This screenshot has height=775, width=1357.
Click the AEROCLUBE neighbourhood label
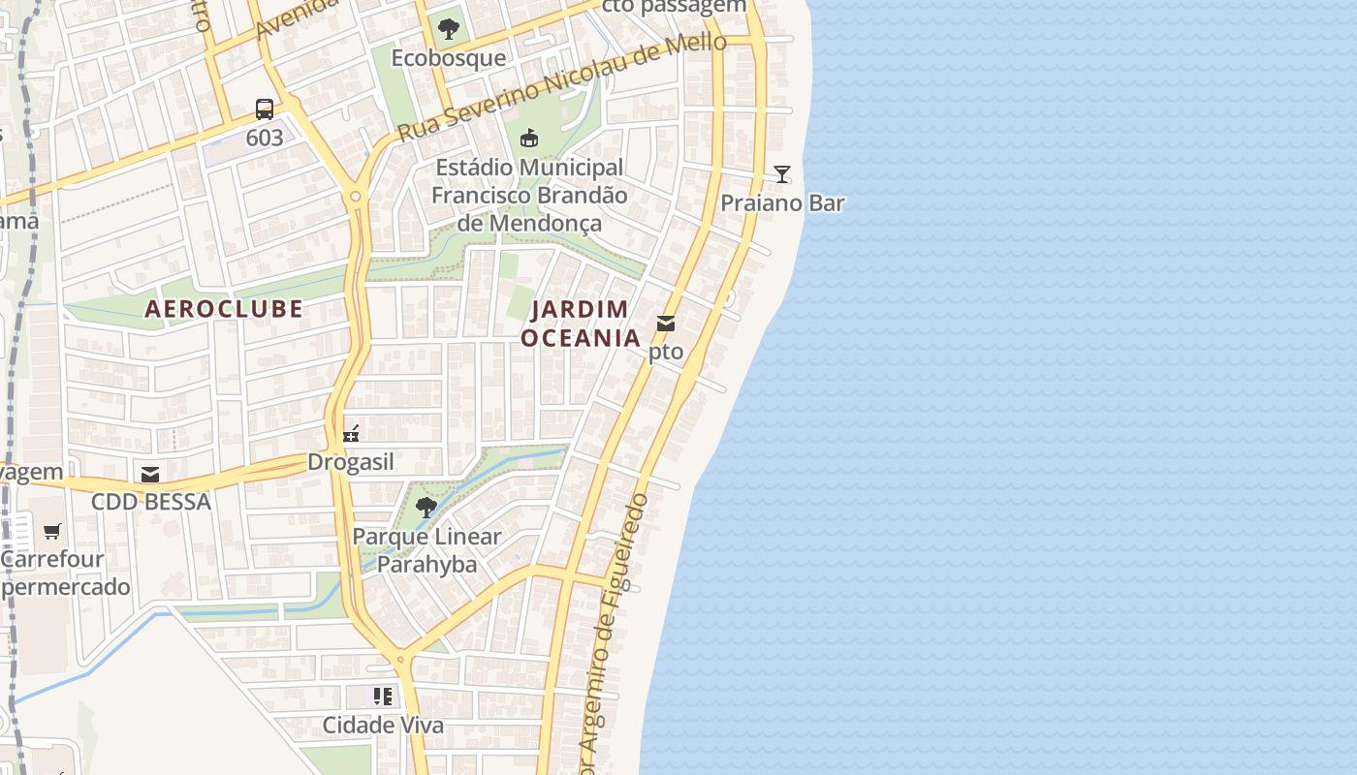[x=224, y=309]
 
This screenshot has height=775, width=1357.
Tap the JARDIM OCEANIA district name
[x=581, y=324]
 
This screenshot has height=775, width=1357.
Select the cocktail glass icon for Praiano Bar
[x=782, y=174]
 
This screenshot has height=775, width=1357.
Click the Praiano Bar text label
[x=782, y=203]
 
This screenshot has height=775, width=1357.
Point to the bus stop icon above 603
[x=265, y=108]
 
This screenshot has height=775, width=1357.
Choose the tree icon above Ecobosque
[x=448, y=29]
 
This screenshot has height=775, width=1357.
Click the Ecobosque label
[x=448, y=58]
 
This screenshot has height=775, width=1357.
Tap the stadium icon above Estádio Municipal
[x=529, y=138]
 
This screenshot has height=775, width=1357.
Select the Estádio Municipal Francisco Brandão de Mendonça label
[x=529, y=195]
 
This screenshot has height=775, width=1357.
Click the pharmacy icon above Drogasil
[x=351, y=433]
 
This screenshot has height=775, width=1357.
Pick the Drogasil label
[x=351, y=462]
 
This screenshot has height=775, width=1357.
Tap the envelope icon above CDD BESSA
[x=150, y=474]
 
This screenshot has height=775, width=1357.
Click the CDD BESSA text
[x=150, y=502]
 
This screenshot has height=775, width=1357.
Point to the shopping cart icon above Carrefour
[x=52, y=531]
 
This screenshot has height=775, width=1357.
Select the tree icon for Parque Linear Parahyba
[x=426, y=507]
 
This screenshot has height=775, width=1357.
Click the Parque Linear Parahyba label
[x=426, y=550]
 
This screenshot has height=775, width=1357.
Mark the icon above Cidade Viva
[x=383, y=697]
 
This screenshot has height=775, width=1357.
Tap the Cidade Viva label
[x=383, y=725]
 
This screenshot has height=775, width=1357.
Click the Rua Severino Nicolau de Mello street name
[x=562, y=86]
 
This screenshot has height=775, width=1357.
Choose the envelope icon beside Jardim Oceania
[x=666, y=324]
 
